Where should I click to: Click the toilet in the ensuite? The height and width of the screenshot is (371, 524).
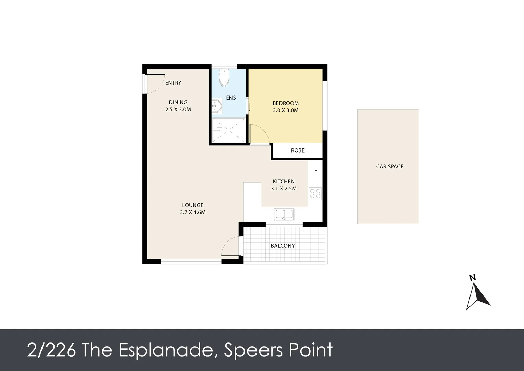click(224, 78)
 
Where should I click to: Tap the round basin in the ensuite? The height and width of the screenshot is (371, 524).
click(216, 106)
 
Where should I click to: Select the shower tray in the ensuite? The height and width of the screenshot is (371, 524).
click(229, 130)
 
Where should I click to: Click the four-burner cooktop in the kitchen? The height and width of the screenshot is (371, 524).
click(315, 193)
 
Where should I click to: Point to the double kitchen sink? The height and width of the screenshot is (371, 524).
click(284, 214)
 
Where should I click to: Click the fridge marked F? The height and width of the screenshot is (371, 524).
click(315, 171)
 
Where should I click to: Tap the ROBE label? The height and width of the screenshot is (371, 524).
click(298, 150)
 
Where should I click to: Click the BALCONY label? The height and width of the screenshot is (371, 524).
click(283, 246)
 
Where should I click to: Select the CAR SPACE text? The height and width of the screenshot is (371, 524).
click(390, 166)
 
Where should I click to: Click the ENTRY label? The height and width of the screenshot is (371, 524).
click(173, 83)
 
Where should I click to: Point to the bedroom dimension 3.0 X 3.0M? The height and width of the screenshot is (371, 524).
click(286, 110)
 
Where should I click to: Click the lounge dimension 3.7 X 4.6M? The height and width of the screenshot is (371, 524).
click(193, 212)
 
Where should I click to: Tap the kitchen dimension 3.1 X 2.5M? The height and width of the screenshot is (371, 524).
click(284, 188)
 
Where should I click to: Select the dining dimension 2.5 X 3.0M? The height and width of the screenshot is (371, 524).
click(178, 110)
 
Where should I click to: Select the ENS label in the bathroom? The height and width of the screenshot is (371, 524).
click(231, 98)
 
